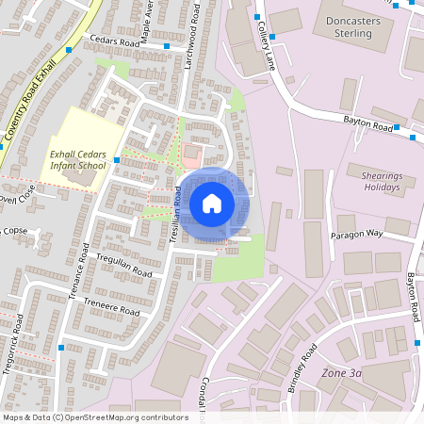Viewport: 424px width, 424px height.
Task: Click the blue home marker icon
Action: [212, 203]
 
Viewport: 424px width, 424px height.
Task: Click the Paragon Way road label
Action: [356, 233]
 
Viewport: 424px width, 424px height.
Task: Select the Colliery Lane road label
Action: [262, 39]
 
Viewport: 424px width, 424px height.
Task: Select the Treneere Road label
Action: [112, 305]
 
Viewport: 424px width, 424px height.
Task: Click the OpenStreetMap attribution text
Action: [94, 417]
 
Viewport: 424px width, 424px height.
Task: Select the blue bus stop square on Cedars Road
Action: [167, 46]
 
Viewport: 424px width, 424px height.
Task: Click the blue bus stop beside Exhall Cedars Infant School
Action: [117, 160]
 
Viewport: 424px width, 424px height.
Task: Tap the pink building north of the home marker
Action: [192, 151]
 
